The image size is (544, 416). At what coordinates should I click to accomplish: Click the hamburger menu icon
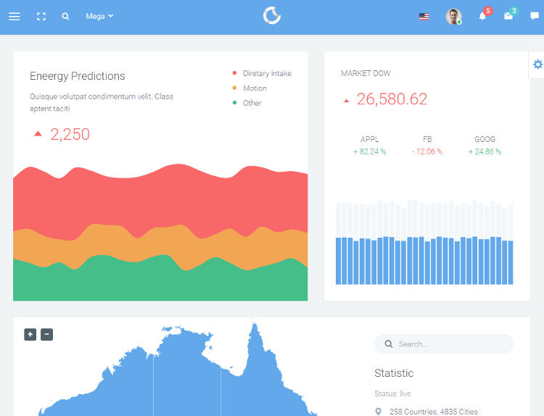pos(15,16)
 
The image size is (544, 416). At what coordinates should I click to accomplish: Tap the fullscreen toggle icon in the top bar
pos(41,16)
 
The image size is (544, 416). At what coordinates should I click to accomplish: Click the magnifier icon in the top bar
pos(65,16)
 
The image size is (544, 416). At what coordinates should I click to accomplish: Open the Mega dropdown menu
pos(99,16)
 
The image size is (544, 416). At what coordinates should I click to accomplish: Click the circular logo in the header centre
pos(272,15)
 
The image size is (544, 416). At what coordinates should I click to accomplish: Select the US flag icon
pos(424,16)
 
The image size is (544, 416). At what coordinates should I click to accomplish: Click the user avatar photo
pos(453,16)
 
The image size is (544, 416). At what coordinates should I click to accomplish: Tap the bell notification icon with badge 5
pos(483,16)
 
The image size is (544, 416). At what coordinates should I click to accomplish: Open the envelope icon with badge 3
pos(508,16)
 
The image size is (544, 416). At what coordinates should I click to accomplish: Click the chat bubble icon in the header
pos(535,16)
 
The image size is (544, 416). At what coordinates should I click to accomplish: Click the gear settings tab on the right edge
pos(537,65)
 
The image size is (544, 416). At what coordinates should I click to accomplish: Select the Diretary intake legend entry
pos(266,73)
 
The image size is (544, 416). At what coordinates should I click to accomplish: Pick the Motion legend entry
pos(254,88)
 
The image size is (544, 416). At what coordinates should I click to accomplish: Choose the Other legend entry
pos(252,103)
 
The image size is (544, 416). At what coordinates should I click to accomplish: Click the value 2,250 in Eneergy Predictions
pos(70,134)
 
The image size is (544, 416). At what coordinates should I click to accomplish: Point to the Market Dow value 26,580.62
pos(392,99)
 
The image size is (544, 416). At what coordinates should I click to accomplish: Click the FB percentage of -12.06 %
pos(426,151)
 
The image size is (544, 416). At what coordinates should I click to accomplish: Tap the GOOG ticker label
pos(485,139)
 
